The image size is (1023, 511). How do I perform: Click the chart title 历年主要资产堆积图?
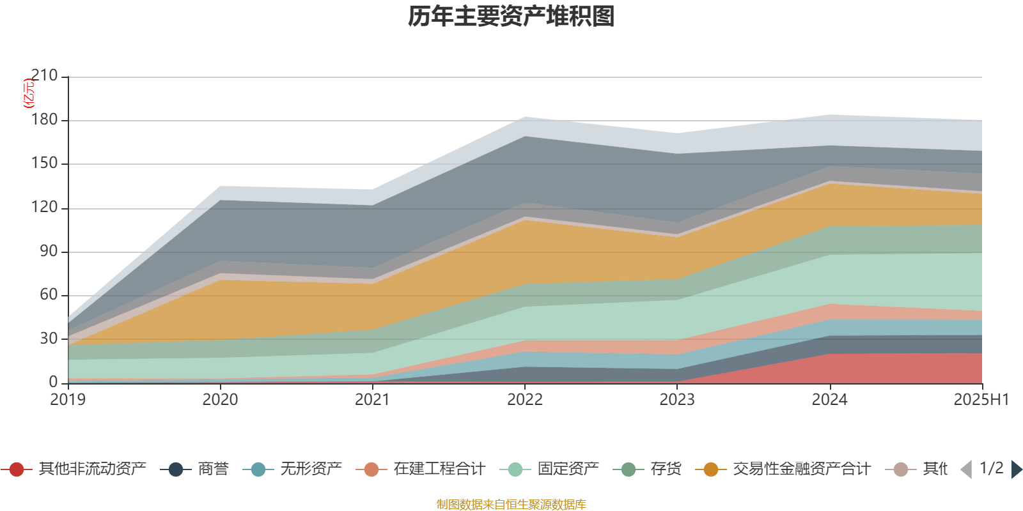(x=511, y=17)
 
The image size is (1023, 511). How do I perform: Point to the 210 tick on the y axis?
(x=44, y=76)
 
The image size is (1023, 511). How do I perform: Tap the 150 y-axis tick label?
(x=44, y=164)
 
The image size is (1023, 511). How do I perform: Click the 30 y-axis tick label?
(x=49, y=339)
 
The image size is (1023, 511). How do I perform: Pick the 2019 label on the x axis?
(x=68, y=400)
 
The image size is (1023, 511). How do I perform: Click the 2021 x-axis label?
(x=373, y=400)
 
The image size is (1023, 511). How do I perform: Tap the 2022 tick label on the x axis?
(x=525, y=400)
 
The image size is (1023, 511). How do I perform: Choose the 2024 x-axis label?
(x=829, y=400)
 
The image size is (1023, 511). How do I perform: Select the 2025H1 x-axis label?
(x=981, y=400)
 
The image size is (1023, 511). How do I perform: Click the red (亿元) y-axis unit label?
(x=29, y=93)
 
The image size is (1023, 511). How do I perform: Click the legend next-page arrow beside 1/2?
(x=1016, y=469)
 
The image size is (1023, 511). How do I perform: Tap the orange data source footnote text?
(x=511, y=505)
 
